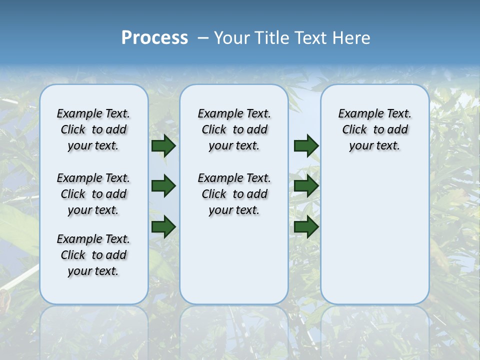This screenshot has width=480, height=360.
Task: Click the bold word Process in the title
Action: point(154,38)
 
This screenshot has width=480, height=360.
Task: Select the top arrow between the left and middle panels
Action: point(163,145)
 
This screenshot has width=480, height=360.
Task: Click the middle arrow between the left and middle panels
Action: point(163,186)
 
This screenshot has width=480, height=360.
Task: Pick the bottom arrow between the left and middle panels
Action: point(163,226)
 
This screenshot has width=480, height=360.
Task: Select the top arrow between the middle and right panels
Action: point(306,145)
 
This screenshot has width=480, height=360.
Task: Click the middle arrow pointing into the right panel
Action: point(306,186)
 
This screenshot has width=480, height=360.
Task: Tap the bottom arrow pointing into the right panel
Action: point(306,226)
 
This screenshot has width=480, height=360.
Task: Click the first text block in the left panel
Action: point(93,129)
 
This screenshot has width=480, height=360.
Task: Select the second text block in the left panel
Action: point(93,194)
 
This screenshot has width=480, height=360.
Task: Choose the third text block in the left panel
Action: point(93,255)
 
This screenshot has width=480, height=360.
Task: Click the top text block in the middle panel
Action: point(234,129)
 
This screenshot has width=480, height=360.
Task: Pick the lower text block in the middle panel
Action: point(234,194)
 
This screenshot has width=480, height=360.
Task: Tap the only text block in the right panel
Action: point(375,129)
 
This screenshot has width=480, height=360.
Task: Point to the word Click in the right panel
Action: point(354,130)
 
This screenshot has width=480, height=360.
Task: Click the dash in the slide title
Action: point(203,38)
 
